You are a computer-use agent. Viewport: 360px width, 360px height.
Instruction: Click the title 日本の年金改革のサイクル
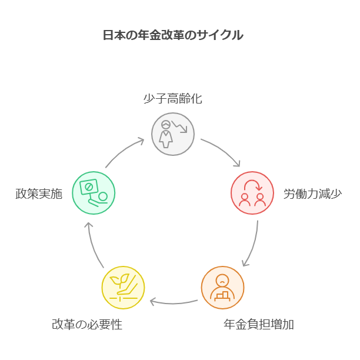pos(172,35)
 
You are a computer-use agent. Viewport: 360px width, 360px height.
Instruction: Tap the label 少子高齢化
pos(172,99)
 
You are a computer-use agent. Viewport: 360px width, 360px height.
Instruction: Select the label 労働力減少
pos(312,194)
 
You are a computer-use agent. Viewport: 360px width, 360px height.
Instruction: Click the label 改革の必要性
pos(87,324)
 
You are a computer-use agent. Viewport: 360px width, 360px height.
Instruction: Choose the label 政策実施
pos(39,194)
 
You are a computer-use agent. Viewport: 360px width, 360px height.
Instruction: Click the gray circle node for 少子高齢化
pos(173,134)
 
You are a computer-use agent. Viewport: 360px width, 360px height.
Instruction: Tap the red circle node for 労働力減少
pos(252,193)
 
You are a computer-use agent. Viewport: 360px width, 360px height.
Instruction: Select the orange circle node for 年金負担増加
pos(222,288)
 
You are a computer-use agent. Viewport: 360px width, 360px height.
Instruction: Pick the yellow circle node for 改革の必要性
pos(123,288)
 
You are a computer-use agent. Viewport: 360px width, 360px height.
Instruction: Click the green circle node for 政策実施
pos(94,193)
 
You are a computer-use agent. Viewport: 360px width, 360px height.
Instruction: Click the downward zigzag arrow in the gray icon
pos(179,126)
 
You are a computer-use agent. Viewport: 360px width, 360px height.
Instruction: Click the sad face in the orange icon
pos(222,280)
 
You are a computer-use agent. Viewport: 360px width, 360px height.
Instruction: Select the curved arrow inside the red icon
pos(252,185)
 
